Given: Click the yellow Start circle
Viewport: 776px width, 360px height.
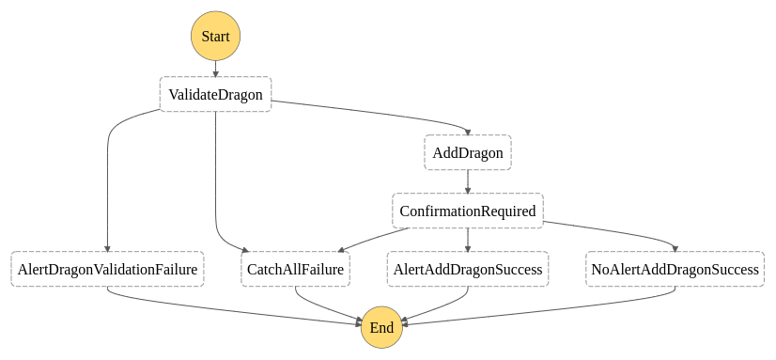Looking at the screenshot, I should pos(216,37).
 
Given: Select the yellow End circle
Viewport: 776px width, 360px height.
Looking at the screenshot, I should pos(381,327).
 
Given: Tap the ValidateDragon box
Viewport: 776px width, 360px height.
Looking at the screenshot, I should pos(215,94).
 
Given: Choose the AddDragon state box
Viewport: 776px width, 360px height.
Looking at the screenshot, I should pos(467,152).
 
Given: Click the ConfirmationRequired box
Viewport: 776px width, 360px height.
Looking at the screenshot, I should pos(467,211).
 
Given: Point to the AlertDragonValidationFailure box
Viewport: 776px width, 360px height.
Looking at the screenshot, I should pos(107,269).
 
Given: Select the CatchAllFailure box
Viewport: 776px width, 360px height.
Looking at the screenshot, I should pos(296,269).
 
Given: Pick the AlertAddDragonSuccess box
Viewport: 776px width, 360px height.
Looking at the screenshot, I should pos(467,269).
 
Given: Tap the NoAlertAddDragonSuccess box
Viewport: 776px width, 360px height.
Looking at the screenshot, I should pos(675,269).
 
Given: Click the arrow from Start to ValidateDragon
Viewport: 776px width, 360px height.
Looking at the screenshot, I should pos(216,69).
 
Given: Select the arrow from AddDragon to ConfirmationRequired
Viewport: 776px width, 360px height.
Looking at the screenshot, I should pos(467,181).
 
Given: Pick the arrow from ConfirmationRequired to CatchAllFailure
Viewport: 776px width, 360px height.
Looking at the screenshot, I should pos(366,238).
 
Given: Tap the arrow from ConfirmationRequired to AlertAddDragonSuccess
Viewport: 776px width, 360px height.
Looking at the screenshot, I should pos(467,240).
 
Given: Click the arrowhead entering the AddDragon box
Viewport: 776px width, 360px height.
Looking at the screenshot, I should pos(467,131).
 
